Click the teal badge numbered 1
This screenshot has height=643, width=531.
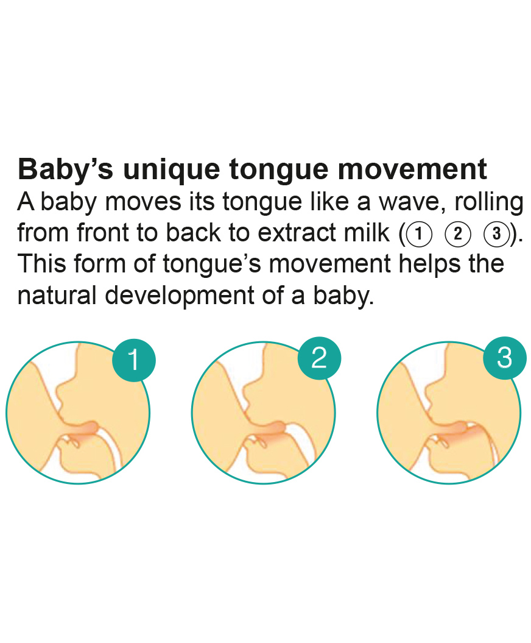pyautogui.click(x=134, y=360)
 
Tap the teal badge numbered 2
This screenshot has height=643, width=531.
pyautogui.click(x=319, y=358)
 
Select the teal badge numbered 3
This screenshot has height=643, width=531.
pyautogui.click(x=504, y=358)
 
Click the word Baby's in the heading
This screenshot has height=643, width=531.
pyautogui.click(x=66, y=169)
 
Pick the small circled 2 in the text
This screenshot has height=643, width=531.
pyautogui.click(x=458, y=234)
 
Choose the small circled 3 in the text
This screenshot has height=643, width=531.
pyautogui.click(x=496, y=234)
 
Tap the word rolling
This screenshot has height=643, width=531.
pyautogui.click(x=489, y=202)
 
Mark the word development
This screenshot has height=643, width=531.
pyautogui.click(x=180, y=296)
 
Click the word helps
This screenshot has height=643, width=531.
pyautogui.click(x=429, y=265)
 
